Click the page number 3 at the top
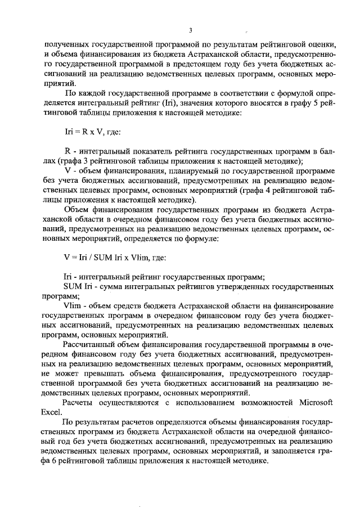coord(191,30)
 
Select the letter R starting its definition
coord(67,152)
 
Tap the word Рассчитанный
coord(90,344)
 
